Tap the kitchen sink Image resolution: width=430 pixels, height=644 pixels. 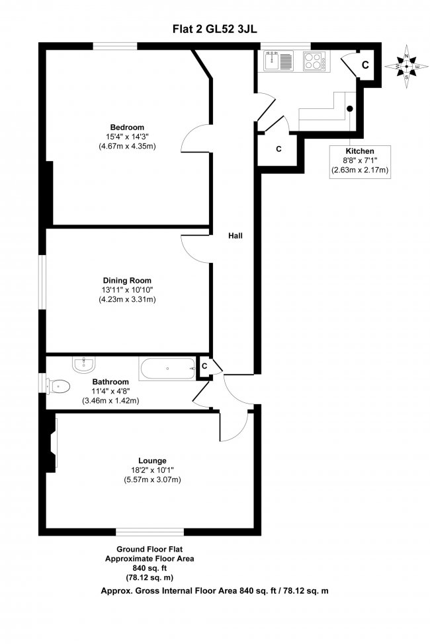pyautogui.click(x=278, y=62)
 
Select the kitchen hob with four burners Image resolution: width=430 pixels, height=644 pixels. pyautogui.click(x=313, y=62)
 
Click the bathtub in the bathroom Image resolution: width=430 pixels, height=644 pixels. pyautogui.click(x=167, y=369)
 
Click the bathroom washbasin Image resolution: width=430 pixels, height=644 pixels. pyautogui.click(x=84, y=364)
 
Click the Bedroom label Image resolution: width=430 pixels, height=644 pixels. pyautogui.click(x=127, y=127)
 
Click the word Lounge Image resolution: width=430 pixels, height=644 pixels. pyautogui.click(x=152, y=460)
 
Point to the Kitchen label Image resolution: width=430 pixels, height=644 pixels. pyautogui.click(x=359, y=151)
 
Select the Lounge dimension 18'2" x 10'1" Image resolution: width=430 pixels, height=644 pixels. pyautogui.click(x=152, y=470)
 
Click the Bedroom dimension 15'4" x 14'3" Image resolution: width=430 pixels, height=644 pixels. pyautogui.click(x=127, y=137)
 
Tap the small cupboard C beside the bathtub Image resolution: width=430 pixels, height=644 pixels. pyautogui.click(x=204, y=366)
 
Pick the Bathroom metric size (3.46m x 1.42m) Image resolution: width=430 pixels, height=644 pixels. pyautogui.click(x=110, y=401)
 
